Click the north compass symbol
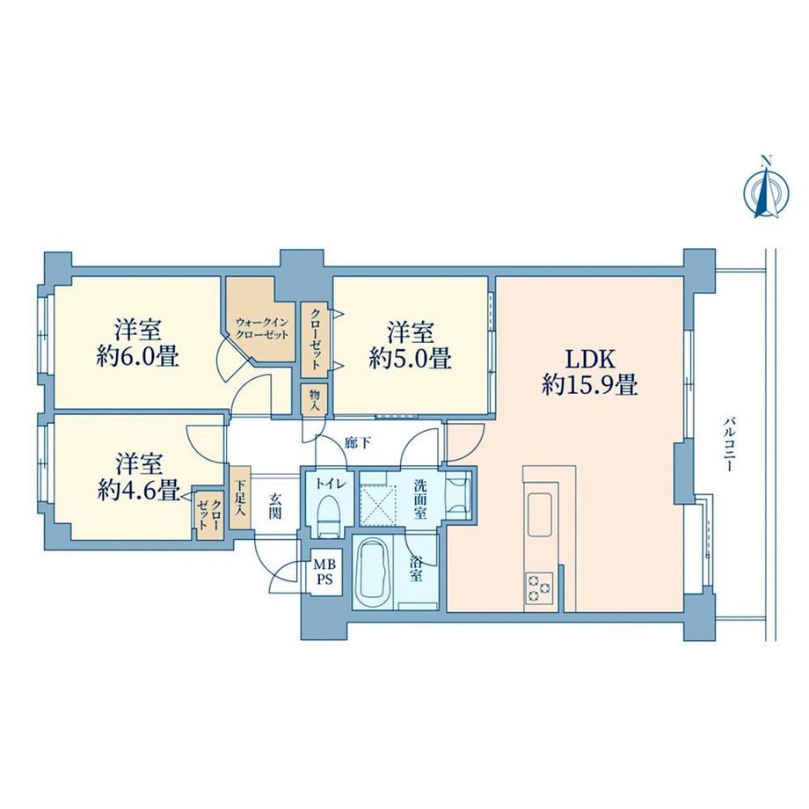coord(766,192)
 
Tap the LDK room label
coord(590,359)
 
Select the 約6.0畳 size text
coord(138,356)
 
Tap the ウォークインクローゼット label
coord(261,328)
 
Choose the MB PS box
coord(325,572)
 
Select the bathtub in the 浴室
coord(372,572)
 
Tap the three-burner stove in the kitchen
coord(539,588)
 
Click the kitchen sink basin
coord(539,514)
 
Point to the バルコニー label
coord(728,444)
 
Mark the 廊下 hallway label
coord(358,443)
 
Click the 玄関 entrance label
coord(275,507)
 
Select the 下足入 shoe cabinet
coord(240,498)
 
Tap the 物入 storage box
coord(315,399)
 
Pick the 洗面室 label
coord(420,499)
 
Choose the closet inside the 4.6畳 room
coord(209,514)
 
